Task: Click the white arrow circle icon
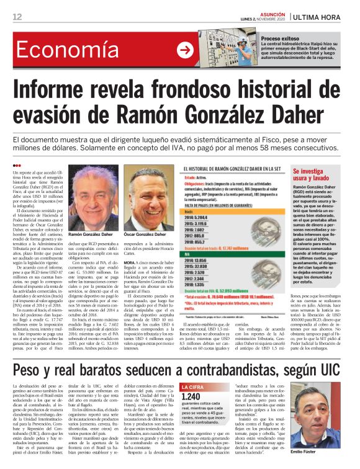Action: pos(185,50)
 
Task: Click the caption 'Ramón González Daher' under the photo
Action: pos(91,235)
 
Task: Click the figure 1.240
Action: pos(191,396)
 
